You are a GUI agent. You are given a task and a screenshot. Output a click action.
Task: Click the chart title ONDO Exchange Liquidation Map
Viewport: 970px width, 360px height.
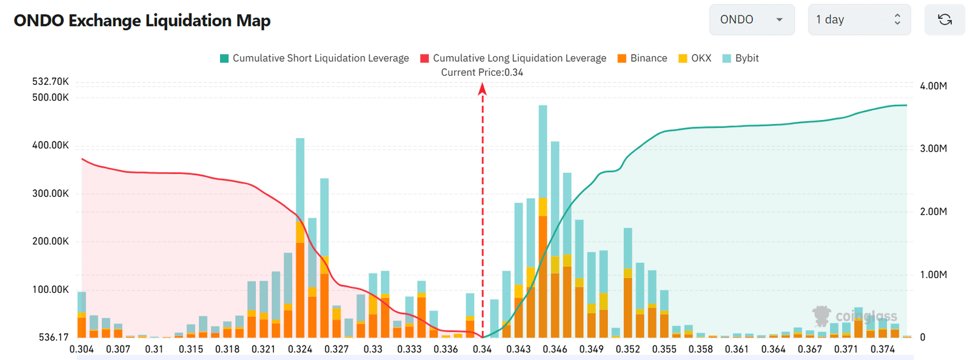pyautogui.click(x=142, y=21)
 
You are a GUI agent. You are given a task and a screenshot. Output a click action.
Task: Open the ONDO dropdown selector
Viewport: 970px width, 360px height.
pyautogui.click(x=751, y=20)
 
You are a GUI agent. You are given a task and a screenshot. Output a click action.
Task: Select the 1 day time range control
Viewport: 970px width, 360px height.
pyautogui.click(x=858, y=20)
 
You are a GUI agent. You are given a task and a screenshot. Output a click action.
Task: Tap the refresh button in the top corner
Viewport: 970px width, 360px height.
pyautogui.click(x=944, y=20)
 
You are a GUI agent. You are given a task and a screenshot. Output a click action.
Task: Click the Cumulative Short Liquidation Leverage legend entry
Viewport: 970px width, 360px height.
pyautogui.click(x=314, y=58)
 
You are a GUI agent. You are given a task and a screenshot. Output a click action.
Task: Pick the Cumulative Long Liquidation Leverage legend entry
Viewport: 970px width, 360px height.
pyautogui.click(x=513, y=58)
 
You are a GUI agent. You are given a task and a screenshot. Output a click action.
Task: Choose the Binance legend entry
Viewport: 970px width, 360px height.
pyautogui.click(x=642, y=58)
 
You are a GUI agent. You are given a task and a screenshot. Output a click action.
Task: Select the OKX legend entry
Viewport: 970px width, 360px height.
pyautogui.click(x=695, y=58)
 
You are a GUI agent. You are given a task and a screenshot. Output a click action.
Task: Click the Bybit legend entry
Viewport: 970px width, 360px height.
pyautogui.click(x=741, y=58)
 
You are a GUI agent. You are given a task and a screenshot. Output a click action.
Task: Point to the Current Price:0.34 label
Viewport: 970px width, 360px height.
pyautogui.click(x=482, y=73)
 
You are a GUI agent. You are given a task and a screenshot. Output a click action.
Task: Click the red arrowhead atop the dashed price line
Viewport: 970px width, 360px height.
pyautogui.click(x=483, y=89)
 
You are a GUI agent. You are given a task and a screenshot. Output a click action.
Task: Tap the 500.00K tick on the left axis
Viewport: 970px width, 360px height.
pyautogui.click(x=50, y=98)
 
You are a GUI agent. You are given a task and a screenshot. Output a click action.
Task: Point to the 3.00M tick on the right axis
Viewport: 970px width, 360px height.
pyautogui.click(x=933, y=148)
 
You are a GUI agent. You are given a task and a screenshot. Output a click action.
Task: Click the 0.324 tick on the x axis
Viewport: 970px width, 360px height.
pyautogui.click(x=300, y=349)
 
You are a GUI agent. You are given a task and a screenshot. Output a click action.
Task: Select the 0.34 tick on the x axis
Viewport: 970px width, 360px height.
pyautogui.click(x=483, y=349)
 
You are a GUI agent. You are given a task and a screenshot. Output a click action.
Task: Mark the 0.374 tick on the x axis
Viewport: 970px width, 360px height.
pyautogui.click(x=882, y=349)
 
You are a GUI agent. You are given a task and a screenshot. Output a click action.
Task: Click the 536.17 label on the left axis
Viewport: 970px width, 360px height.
pyautogui.click(x=53, y=338)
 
